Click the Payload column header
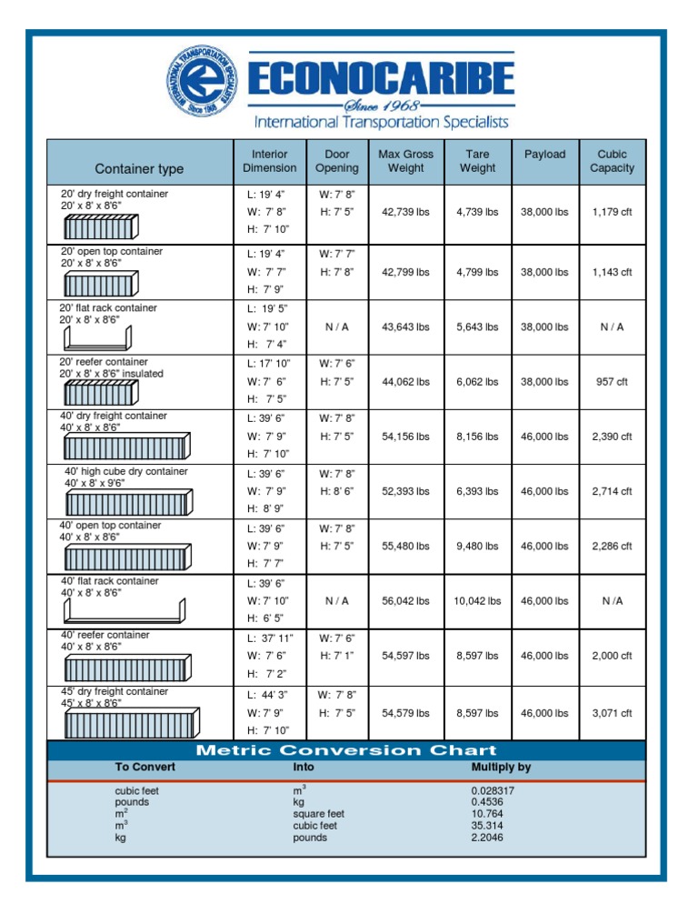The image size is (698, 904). coord(544,155)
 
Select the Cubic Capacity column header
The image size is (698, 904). coord(612,161)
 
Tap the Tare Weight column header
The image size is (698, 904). coord(477,161)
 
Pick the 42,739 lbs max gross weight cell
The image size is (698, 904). coord(405,212)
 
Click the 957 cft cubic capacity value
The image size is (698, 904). coord(611,382)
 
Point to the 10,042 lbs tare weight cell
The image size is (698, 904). coord(477,601)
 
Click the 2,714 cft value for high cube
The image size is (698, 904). coord(612,491)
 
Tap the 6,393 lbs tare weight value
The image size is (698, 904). coord(477,491)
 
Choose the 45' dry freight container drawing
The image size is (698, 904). coord(129,723)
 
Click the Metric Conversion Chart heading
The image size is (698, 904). coord(347,750)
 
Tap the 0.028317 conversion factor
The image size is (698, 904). coord(493,791)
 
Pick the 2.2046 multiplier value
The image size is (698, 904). coord(489,838)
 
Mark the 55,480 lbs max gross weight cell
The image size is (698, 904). coord(405,546)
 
